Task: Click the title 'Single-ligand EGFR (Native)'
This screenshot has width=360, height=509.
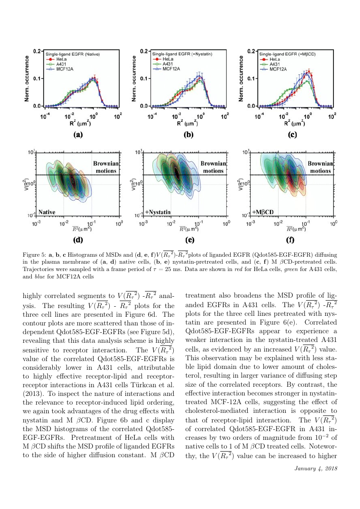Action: (72, 54)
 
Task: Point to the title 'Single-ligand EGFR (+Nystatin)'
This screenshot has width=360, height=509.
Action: (182, 54)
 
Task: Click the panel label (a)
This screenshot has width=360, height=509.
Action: (78, 134)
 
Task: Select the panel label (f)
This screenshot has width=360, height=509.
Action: (290, 240)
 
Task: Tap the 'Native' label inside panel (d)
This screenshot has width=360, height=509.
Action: (47, 212)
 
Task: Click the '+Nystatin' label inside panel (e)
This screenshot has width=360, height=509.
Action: (158, 212)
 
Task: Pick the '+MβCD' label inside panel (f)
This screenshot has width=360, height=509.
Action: (263, 212)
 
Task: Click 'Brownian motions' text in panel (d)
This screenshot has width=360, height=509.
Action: (106, 167)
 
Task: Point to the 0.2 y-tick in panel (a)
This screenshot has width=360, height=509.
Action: (37, 51)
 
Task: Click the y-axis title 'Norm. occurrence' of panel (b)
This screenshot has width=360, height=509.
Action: (134, 78)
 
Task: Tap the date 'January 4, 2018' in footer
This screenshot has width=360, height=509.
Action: (316, 469)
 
